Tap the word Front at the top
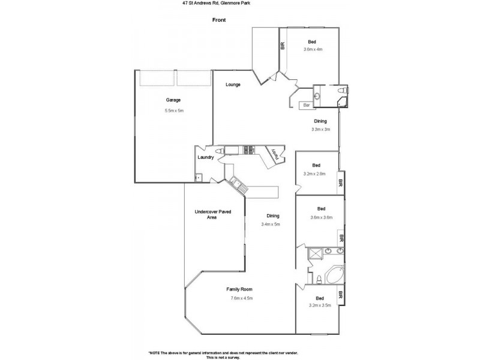click(220, 20)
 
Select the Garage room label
click(173, 100)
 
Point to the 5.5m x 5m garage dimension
click(173, 111)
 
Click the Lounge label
click(233, 85)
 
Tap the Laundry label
click(206, 157)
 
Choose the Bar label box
click(306, 106)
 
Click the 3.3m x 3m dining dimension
click(320, 130)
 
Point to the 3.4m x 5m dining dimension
click(271, 224)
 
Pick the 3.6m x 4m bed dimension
click(312, 50)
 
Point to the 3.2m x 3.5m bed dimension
click(319, 306)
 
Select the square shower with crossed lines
click(316, 256)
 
